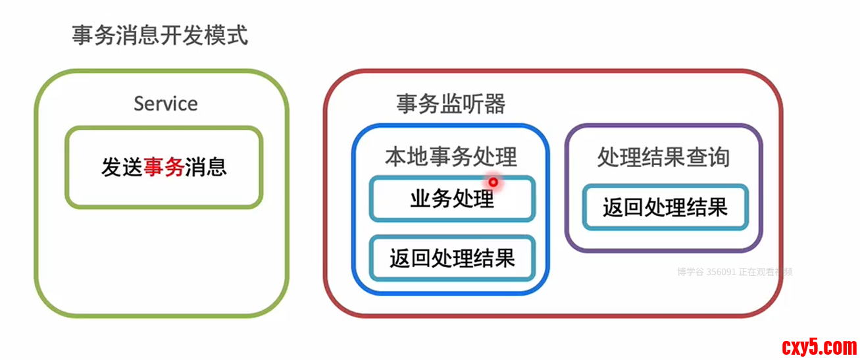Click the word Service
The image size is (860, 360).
[x=165, y=103]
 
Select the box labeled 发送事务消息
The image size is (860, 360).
[x=164, y=167]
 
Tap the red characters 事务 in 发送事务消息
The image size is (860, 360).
[x=164, y=167]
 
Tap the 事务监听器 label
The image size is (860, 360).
[x=451, y=104]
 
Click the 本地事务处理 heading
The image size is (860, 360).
[x=451, y=157]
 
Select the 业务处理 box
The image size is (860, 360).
[x=452, y=198]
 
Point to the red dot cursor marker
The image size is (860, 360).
[x=493, y=182]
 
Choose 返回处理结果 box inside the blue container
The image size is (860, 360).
[x=452, y=258]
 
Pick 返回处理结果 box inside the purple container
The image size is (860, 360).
[x=665, y=207]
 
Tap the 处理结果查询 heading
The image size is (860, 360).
[x=663, y=157]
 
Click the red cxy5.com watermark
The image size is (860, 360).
[x=819, y=346]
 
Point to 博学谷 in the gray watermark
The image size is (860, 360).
[x=690, y=271]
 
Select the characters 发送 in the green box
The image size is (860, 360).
[x=122, y=167]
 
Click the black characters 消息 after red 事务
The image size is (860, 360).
[x=206, y=167]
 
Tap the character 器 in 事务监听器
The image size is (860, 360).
[x=495, y=104]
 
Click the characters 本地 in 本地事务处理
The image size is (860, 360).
[x=407, y=157]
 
